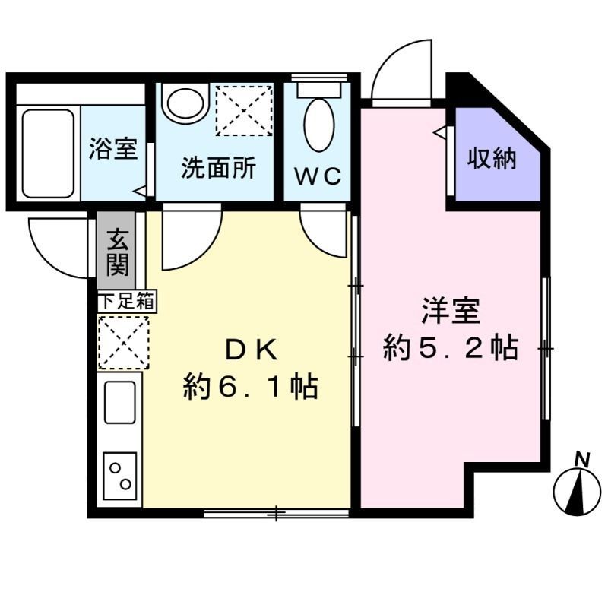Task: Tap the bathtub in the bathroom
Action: [48, 152]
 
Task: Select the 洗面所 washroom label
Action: [217, 169]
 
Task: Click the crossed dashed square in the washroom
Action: [243, 109]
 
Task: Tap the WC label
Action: [318, 176]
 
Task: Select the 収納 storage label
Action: [492, 159]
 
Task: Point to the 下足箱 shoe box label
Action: [126, 301]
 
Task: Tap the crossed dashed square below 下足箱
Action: [123, 342]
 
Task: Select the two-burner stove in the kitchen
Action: [120, 475]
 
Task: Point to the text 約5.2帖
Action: [450, 349]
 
